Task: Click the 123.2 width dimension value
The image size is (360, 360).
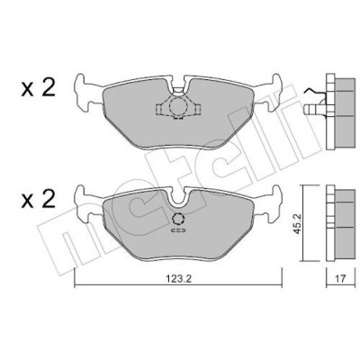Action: point(178,279)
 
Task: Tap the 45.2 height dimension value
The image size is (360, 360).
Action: point(298,224)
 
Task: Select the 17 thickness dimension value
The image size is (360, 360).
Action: point(340,279)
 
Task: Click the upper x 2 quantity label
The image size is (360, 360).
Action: point(38,88)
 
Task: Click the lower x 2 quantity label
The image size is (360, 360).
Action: point(38,200)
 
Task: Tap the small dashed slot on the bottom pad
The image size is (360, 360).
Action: point(178,230)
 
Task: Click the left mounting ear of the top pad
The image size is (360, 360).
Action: point(85,93)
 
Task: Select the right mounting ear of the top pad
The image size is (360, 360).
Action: point(269,93)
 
